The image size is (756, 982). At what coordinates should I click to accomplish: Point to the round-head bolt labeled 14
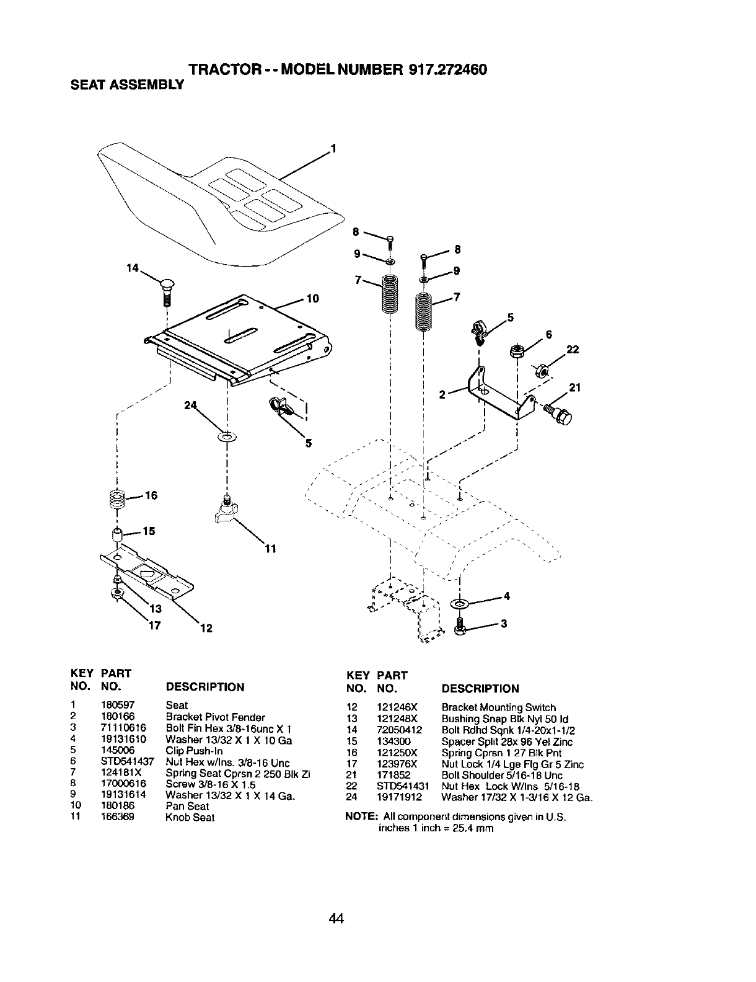click(167, 291)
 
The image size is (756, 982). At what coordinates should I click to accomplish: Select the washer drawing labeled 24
click(227, 438)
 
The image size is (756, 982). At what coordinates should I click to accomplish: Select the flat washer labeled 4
click(460, 603)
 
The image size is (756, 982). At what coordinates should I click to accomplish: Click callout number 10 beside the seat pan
click(312, 299)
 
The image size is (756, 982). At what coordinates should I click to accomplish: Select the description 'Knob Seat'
click(190, 817)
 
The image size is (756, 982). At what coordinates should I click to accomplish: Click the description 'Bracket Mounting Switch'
click(499, 707)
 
